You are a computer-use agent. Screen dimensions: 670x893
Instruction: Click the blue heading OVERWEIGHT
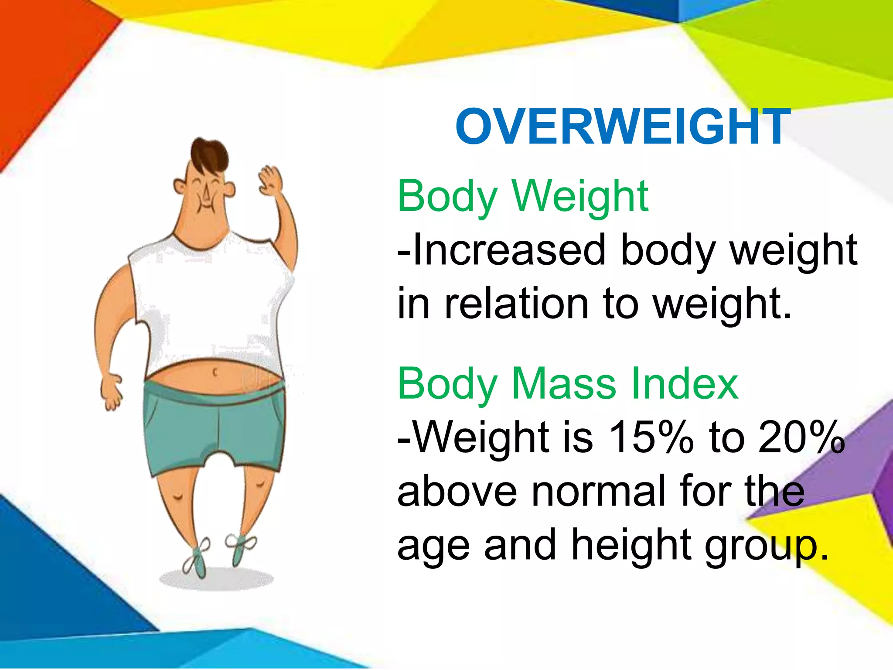(x=623, y=127)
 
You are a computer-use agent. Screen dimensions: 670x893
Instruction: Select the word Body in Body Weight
(x=447, y=197)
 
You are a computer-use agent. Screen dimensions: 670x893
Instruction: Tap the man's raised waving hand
(x=271, y=181)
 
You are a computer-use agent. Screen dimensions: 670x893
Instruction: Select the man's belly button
(x=215, y=373)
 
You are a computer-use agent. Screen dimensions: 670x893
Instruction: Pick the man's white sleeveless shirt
(x=209, y=301)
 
